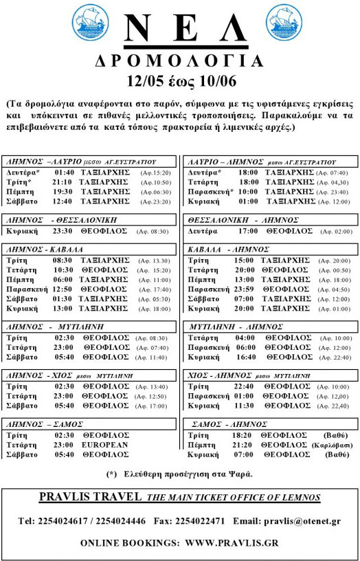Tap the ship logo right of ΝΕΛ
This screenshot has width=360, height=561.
[x=269, y=23]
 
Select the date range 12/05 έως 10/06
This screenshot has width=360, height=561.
[x=179, y=80]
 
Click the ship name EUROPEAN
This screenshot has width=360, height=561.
[x=106, y=445]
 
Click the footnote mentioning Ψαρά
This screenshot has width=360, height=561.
[x=179, y=474]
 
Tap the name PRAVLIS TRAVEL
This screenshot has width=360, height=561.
[x=90, y=497]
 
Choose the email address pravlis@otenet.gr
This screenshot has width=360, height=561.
[x=302, y=520]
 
